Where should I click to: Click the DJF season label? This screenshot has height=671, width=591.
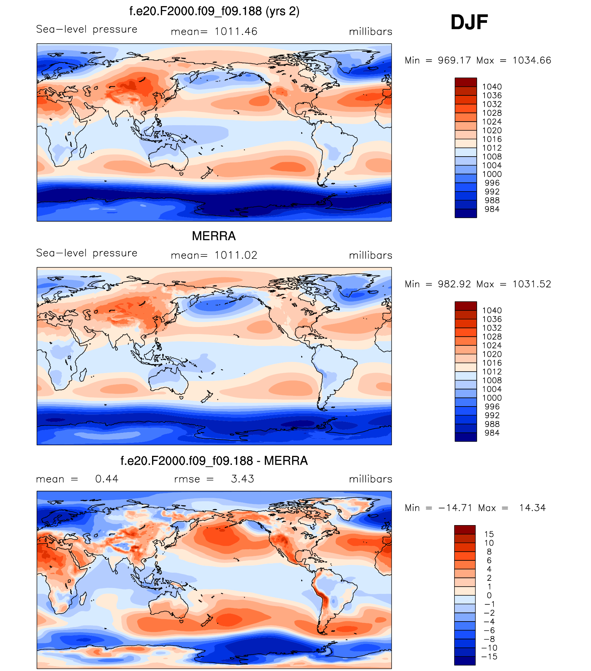click(x=469, y=22)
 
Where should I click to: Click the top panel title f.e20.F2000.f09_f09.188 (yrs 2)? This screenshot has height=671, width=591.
click(x=214, y=11)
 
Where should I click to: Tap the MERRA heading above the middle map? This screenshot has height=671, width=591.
click(x=214, y=236)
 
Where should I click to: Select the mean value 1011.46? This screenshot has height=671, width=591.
click(x=236, y=31)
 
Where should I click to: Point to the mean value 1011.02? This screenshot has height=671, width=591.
click(x=236, y=255)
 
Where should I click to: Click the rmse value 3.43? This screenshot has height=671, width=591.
click(x=242, y=479)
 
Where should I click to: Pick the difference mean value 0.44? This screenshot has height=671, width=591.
click(x=106, y=479)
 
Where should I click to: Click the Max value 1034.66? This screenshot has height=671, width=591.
click(x=532, y=60)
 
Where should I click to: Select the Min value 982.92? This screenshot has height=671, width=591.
click(x=454, y=284)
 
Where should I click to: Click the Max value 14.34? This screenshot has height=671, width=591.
click(x=532, y=508)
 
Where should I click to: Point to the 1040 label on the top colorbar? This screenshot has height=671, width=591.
click(x=492, y=87)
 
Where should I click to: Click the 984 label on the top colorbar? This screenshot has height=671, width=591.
click(x=492, y=209)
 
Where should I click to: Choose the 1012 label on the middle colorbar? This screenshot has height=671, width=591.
click(x=492, y=372)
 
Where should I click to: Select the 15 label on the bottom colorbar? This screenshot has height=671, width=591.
click(x=489, y=534)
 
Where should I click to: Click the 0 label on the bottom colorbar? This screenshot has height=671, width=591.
click(x=489, y=595)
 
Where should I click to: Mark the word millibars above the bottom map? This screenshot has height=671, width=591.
click(x=370, y=479)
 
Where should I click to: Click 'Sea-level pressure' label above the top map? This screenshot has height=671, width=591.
click(x=87, y=29)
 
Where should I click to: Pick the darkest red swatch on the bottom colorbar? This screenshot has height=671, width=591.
click(x=465, y=530)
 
